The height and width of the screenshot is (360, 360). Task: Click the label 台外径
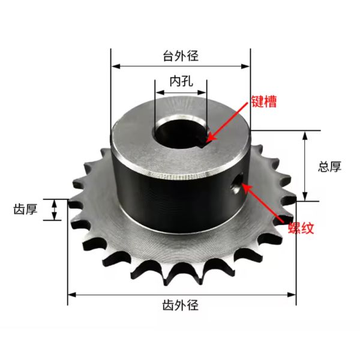point(181,56)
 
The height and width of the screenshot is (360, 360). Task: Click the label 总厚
point(329,166)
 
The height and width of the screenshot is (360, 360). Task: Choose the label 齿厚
point(26,210)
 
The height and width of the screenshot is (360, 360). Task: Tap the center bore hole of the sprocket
point(181,134)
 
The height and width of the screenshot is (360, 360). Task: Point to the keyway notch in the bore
point(206,139)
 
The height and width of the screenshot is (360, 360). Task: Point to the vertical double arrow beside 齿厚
point(55,210)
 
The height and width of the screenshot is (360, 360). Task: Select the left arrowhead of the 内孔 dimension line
point(158,93)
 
